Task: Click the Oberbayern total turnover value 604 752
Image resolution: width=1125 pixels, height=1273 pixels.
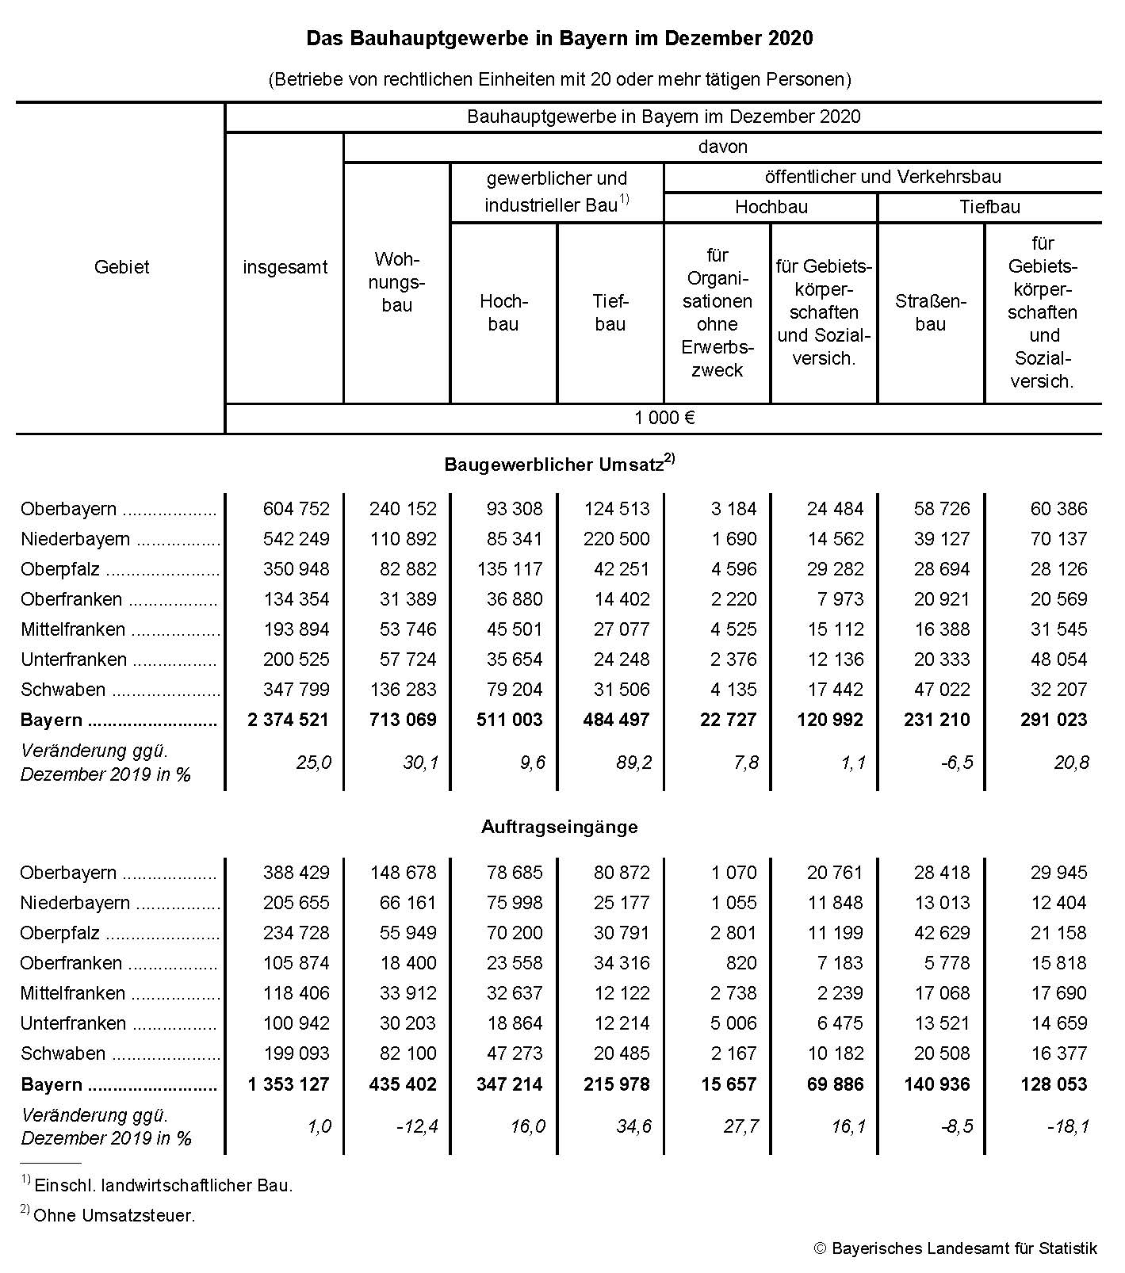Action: [x=296, y=509]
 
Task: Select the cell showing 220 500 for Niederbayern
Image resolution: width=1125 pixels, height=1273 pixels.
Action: [x=616, y=539]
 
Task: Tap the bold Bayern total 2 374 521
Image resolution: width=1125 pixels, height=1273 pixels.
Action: [x=288, y=720]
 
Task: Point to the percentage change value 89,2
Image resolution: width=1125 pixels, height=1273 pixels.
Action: [x=633, y=763]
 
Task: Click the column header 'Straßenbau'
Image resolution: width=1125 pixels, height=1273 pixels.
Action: [x=930, y=312]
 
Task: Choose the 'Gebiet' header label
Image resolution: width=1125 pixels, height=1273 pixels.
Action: [x=121, y=267]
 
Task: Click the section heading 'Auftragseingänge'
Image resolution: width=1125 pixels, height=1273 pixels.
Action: [x=559, y=827]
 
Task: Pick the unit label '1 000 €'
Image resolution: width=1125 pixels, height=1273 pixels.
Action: [x=664, y=418]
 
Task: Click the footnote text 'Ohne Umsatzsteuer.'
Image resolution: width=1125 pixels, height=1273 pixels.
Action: [x=114, y=1215]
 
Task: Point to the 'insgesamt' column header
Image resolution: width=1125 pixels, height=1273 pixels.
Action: [x=285, y=267]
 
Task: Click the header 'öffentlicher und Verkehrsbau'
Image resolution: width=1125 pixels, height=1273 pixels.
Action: [x=882, y=177]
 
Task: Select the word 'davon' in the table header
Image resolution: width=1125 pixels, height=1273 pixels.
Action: [x=722, y=147]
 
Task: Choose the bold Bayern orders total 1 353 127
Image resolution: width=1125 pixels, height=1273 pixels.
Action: [x=288, y=1084]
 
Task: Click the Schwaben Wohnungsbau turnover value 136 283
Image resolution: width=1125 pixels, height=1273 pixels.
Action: [x=403, y=690]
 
